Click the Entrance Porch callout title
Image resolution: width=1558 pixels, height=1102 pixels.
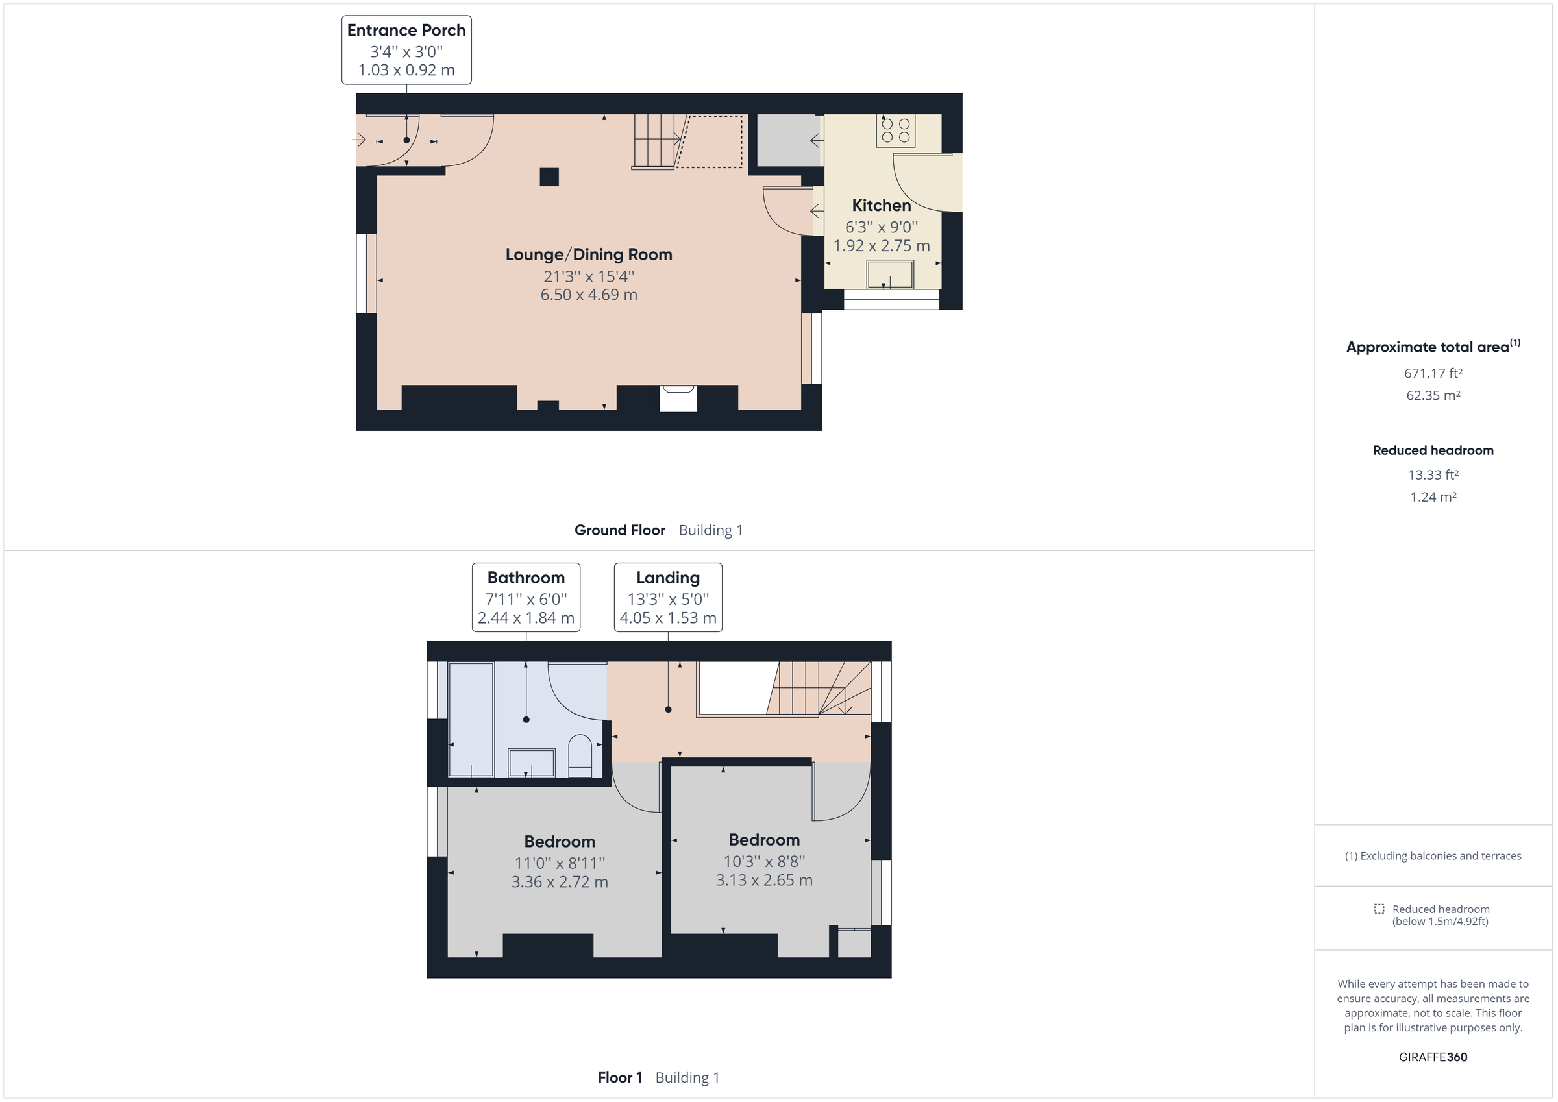(406, 31)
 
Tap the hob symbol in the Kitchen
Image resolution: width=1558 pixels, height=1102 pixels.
(895, 130)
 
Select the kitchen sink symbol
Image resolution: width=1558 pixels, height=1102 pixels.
(889, 275)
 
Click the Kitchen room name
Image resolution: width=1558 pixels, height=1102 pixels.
(881, 206)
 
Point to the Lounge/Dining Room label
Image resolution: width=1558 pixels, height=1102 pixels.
(588, 254)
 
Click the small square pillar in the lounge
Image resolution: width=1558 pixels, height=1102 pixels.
(549, 177)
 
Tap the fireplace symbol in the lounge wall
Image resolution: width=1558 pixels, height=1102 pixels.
(678, 398)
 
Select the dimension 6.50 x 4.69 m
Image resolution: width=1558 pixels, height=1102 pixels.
(588, 295)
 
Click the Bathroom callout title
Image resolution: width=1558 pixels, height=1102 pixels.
(525, 578)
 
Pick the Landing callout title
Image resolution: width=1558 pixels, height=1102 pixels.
(668, 578)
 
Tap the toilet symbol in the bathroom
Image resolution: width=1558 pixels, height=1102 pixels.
(580, 755)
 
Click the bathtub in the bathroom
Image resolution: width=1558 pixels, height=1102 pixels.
(471, 719)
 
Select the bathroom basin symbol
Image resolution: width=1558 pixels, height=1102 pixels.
(531, 763)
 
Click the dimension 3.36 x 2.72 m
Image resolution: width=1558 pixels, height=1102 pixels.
(559, 882)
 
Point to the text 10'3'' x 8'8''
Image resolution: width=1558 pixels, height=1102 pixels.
(763, 861)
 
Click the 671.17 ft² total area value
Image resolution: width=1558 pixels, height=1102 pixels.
(1433, 373)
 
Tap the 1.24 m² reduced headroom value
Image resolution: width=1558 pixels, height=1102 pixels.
(1433, 497)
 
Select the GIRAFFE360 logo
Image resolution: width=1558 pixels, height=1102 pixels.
(1433, 1057)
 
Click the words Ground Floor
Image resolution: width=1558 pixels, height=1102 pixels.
(619, 530)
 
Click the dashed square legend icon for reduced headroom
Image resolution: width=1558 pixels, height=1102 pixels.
(1379, 909)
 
